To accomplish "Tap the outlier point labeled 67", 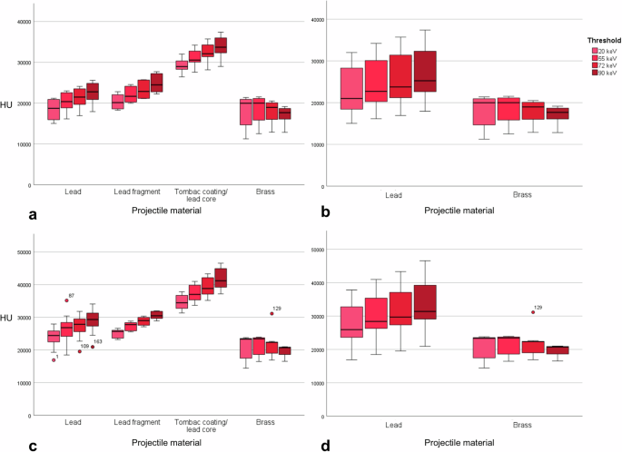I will (66, 300).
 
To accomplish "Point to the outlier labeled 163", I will (93, 347).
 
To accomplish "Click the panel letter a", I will (7, 215).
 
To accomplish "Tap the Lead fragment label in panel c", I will (137, 423).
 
